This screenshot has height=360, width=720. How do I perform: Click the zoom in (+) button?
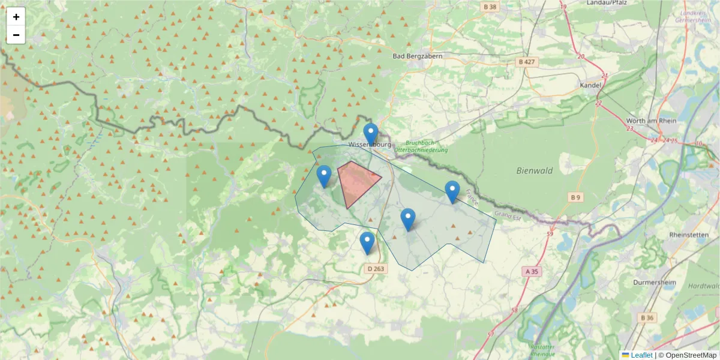[16, 17]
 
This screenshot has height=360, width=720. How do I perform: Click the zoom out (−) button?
[16, 35]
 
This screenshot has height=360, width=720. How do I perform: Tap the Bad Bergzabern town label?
[417, 56]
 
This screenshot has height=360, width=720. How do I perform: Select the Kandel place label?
[590, 85]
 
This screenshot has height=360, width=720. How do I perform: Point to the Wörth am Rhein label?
[651, 121]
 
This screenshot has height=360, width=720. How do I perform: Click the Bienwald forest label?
[534, 170]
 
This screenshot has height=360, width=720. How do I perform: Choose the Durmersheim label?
[656, 281]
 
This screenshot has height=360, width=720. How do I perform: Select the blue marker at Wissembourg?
[371, 134]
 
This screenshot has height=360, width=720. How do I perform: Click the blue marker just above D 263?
[367, 242]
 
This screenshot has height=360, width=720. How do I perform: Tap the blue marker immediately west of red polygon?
[324, 176]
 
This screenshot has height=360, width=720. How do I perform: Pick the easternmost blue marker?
[452, 191]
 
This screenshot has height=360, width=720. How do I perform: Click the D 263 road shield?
[375, 269]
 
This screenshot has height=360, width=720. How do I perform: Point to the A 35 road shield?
[532, 271]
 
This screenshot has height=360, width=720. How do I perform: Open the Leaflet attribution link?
[641, 355]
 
